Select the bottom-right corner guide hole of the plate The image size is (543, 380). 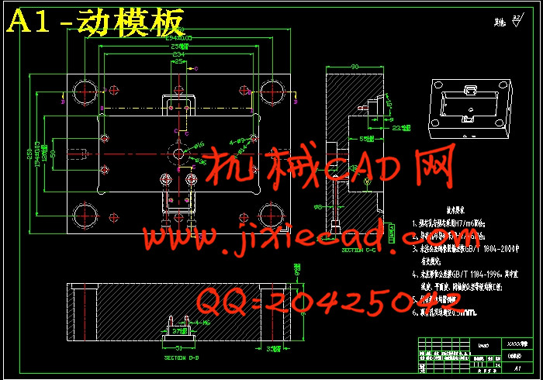coord(272,212)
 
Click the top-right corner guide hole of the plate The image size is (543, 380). coord(272,85)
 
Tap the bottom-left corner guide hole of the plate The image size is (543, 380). coord(83,212)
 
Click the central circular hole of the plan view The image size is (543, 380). coord(178,154)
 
